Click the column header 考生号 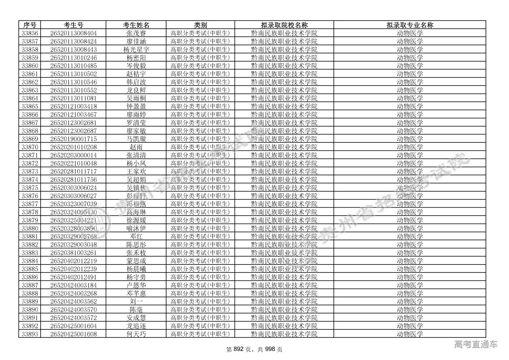coord(74,25)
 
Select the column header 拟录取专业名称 coord(410,25)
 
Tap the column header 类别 coord(200,25)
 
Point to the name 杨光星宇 coord(136,49)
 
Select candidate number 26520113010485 coord(74,66)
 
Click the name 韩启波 coord(136,82)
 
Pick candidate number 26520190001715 coord(74,139)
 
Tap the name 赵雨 coord(136,147)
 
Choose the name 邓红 coord(136,236)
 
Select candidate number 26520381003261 coord(74,253)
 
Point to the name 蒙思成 coord(136,261)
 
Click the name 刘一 coord(136,302)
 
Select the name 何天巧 coord(136,334)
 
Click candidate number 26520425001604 coord(74,326)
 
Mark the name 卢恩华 coord(136,285)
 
